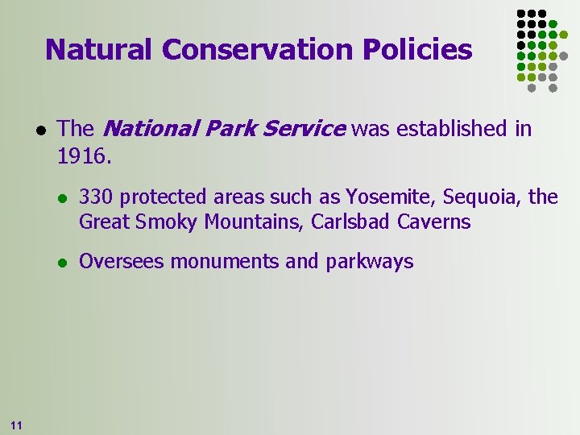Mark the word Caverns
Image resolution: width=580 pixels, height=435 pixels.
coord(435,222)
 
